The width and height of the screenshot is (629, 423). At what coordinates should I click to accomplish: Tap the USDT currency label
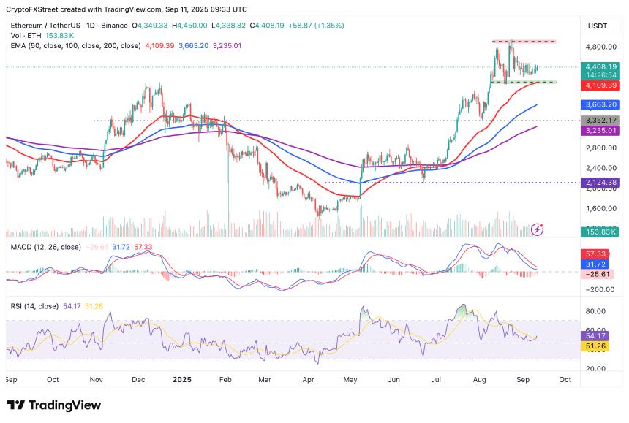point(598,26)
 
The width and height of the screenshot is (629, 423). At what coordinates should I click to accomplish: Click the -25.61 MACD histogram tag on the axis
point(596,273)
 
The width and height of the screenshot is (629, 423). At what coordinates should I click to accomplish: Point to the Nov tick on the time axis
point(96,380)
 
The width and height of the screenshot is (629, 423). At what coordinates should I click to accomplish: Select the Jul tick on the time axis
point(437,380)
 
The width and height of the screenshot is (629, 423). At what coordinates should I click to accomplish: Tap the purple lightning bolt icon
point(538,229)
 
